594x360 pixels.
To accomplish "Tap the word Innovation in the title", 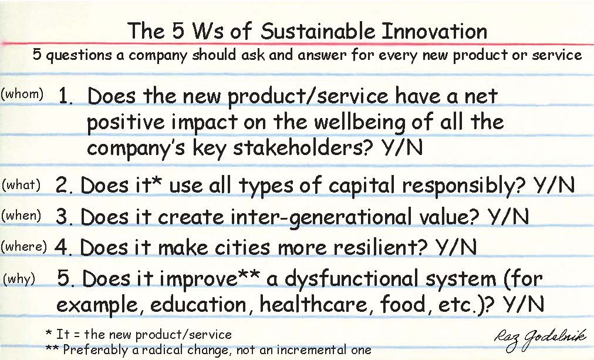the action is [434, 31].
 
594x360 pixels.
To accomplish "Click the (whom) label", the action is [22, 93].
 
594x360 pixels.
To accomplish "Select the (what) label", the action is [21, 185].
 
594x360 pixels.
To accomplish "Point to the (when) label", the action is [21, 216].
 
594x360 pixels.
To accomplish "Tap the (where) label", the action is [24, 247].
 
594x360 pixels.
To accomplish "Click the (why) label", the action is [19, 279].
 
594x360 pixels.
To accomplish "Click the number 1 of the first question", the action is [65, 96].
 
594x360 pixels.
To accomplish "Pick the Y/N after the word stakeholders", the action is [402, 147].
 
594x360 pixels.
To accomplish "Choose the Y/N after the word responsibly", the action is [554, 185].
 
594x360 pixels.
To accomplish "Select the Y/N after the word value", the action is [508, 216].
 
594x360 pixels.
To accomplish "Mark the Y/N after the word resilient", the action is [455, 247].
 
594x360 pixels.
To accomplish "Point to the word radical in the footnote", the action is [157, 349].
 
